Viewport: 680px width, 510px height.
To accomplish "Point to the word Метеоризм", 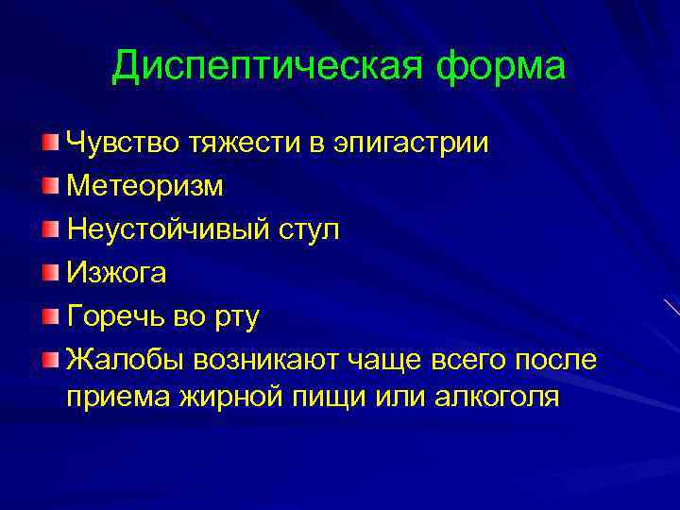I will point(145,187).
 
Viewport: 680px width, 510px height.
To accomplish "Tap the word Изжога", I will point(117,273).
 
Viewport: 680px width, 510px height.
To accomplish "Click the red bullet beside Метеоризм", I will point(51,185).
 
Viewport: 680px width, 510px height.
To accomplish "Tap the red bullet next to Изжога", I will point(51,272).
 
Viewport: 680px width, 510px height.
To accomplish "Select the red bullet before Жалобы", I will point(51,358).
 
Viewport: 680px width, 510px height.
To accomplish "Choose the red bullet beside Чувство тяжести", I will point(51,142).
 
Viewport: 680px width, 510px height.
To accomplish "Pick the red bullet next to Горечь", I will point(51,315).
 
